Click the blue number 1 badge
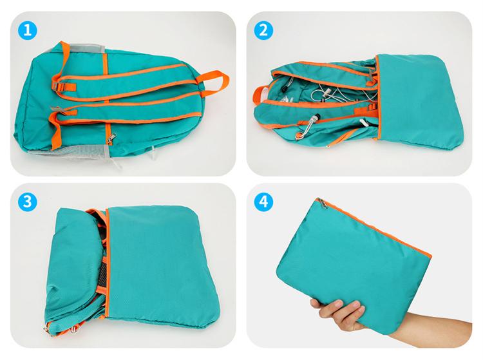click(28, 30)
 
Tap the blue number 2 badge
click(263, 30)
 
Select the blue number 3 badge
click(28, 202)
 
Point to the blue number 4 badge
click(263, 202)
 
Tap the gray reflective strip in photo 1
click(86, 48)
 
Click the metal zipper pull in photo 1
click(111, 138)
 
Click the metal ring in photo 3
click(74, 330)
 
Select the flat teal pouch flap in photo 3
click(162, 265)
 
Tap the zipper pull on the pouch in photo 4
click(323, 204)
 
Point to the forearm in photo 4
click(431, 330)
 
